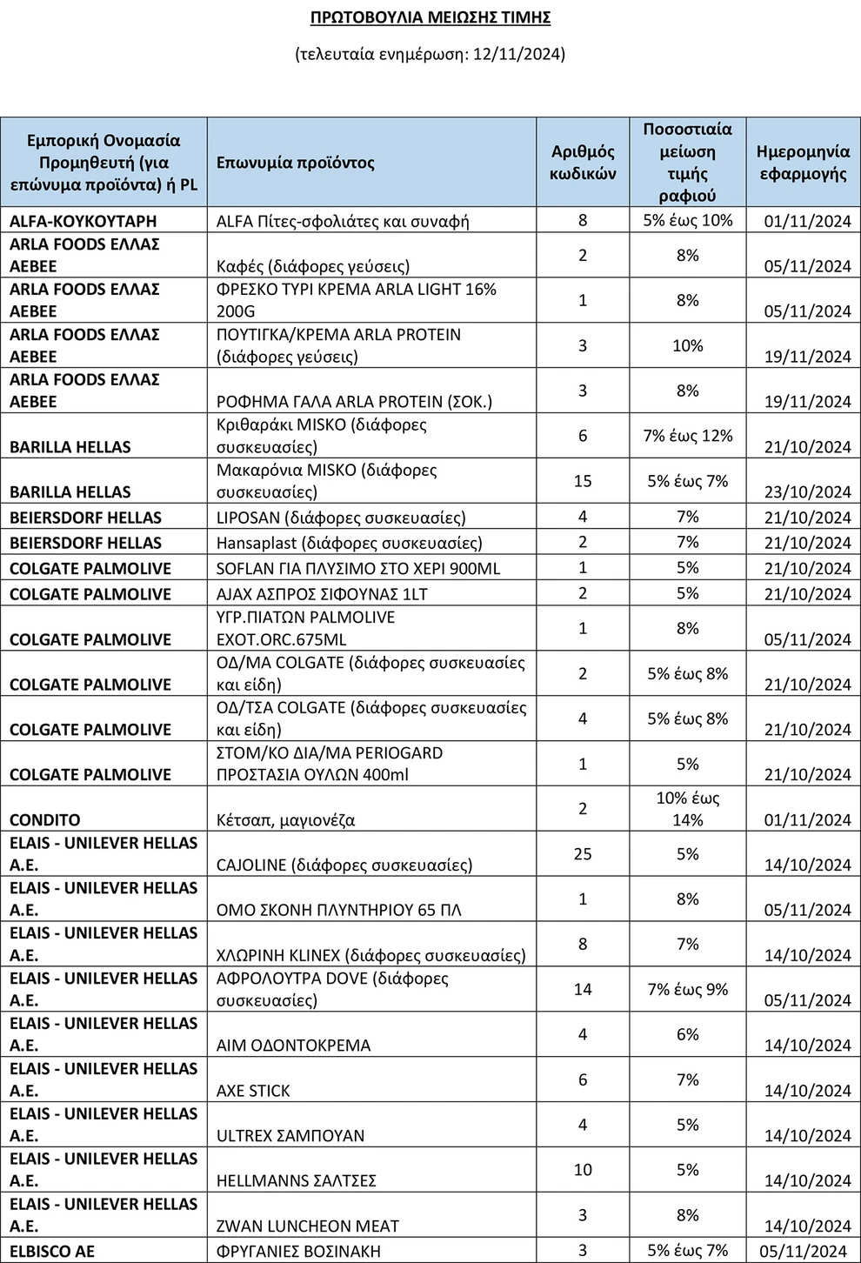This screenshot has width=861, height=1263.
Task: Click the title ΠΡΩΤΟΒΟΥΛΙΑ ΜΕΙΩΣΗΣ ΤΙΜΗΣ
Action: pyautogui.click(x=430, y=17)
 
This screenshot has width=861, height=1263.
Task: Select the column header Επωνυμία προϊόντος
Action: pyautogui.click(x=295, y=163)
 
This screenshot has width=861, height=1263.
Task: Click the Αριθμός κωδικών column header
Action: pyautogui.click(x=583, y=163)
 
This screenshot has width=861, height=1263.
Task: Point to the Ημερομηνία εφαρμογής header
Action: pyautogui.click(x=803, y=163)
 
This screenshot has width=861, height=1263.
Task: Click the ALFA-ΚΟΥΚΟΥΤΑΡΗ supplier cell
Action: pyautogui.click(x=83, y=221)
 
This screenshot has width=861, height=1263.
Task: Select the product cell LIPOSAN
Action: pyautogui.click(x=341, y=518)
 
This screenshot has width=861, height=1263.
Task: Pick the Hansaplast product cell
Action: pyautogui.click(x=349, y=543)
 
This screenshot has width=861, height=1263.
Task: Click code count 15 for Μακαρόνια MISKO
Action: pyautogui.click(x=583, y=481)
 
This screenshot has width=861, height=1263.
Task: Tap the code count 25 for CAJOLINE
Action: pyautogui.click(x=583, y=854)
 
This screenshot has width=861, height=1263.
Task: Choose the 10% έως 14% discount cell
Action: pyautogui.click(x=687, y=809)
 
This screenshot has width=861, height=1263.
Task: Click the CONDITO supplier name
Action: pyautogui.click(x=44, y=820)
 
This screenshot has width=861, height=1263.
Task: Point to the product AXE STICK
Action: pyautogui.click(x=253, y=1091)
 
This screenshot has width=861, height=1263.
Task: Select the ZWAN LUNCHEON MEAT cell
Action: pyautogui.click(x=307, y=1226)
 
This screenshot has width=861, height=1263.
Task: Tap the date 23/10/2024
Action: pyautogui.click(x=807, y=492)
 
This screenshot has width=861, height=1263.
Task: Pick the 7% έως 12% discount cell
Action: pyautogui.click(x=687, y=436)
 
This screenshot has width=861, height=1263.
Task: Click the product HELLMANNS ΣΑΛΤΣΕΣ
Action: pyautogui.click(x=296, y=1181)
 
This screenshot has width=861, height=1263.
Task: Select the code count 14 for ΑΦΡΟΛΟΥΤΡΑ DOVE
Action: pyautogui.click(x=583, y=989)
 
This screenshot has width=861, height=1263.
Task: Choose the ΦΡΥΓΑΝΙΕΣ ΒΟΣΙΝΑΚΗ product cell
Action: pyautogui.click(x=310, y=1252)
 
